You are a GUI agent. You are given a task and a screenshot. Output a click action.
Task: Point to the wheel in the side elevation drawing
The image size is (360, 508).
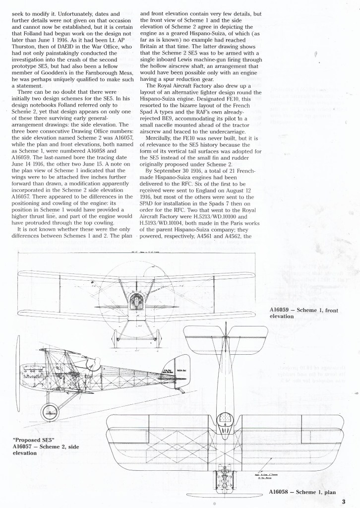click(x=50, y=410)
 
